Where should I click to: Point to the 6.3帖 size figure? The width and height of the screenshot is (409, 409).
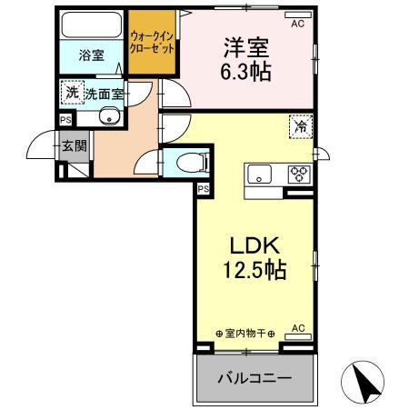click(x=246, y=70)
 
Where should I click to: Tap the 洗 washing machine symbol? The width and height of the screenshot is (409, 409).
click(x=70, y=92)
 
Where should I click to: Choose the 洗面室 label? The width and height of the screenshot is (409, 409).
click(x=105, y=94)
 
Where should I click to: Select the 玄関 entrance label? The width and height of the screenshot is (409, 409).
click(x=74, y=145)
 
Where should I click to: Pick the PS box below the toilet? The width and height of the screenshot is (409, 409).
click(x=203, y=189)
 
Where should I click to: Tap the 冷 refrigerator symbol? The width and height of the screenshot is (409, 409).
click(x=300, y=128)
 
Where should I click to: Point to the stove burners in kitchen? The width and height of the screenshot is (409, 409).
click(x=299, y=173)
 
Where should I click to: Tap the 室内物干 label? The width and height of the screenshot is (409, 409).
click(x=245, y=334)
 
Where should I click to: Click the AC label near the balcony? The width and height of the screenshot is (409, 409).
click(x=297, y=327)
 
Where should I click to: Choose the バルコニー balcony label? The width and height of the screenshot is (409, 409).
click(x=254, y=376)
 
